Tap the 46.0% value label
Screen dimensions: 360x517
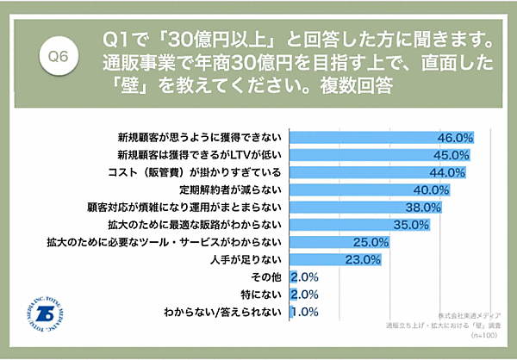(457, 137)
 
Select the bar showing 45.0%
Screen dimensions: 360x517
(371, 154)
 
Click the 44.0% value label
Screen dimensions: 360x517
(449, 172)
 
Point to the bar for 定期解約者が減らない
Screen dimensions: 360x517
(362, 189)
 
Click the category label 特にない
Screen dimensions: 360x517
(263, 295)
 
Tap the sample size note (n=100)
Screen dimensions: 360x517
(483, 337)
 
